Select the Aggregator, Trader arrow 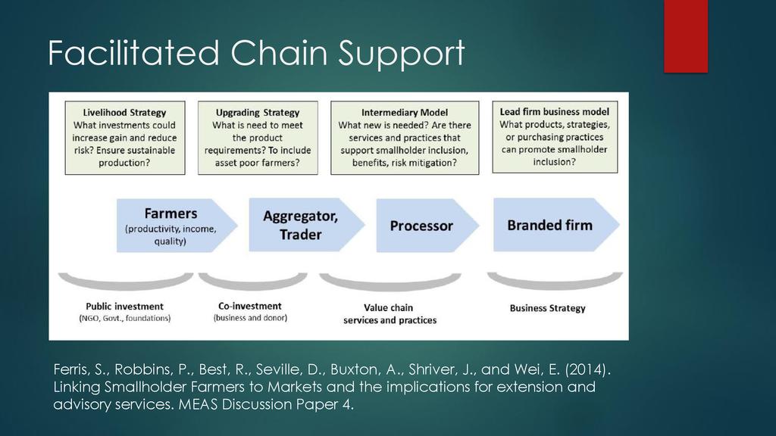coord(307,225)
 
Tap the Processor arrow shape coord(427,226)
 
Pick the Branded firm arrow coord(556,225)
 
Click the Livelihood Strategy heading coord(125,113)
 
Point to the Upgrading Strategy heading coord(258,113)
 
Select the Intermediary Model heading coord(405,113)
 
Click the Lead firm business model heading coord(555,112)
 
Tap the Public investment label coord(125,307)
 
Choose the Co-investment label coord(250,306)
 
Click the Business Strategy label coord(548,308)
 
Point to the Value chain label coord(389,307)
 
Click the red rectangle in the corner coord(686,36)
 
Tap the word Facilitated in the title coord(133,52)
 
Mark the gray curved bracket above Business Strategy coord(555,280)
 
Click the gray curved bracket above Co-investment coord(253,281)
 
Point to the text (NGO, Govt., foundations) coord(125,319)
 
